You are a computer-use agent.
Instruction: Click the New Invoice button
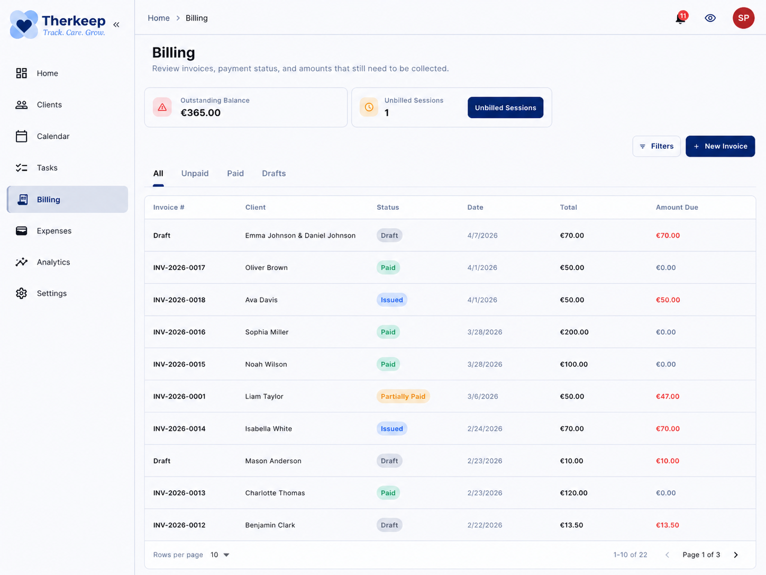720,146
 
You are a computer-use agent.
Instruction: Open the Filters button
656,146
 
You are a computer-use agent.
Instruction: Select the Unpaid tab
195,174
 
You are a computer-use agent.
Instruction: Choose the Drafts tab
273,174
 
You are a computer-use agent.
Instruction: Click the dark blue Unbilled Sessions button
505,107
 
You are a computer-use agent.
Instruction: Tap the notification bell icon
680,19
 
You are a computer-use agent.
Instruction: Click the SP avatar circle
743,18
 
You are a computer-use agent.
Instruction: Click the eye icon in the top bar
710,18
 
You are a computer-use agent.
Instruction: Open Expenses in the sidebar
54,231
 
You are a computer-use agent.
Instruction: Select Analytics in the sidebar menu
53,262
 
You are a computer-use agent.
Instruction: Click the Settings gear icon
21,293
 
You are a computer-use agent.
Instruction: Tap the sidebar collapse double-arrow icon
116,24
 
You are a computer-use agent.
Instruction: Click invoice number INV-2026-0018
179,300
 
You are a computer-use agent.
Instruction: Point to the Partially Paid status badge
403,397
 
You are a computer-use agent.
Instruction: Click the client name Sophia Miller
267,332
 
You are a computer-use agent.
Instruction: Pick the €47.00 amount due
668,397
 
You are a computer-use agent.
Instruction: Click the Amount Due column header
677,208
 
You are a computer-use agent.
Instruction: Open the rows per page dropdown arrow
226,555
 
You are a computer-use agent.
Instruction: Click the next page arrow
735,555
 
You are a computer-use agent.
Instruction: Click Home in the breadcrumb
159,18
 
